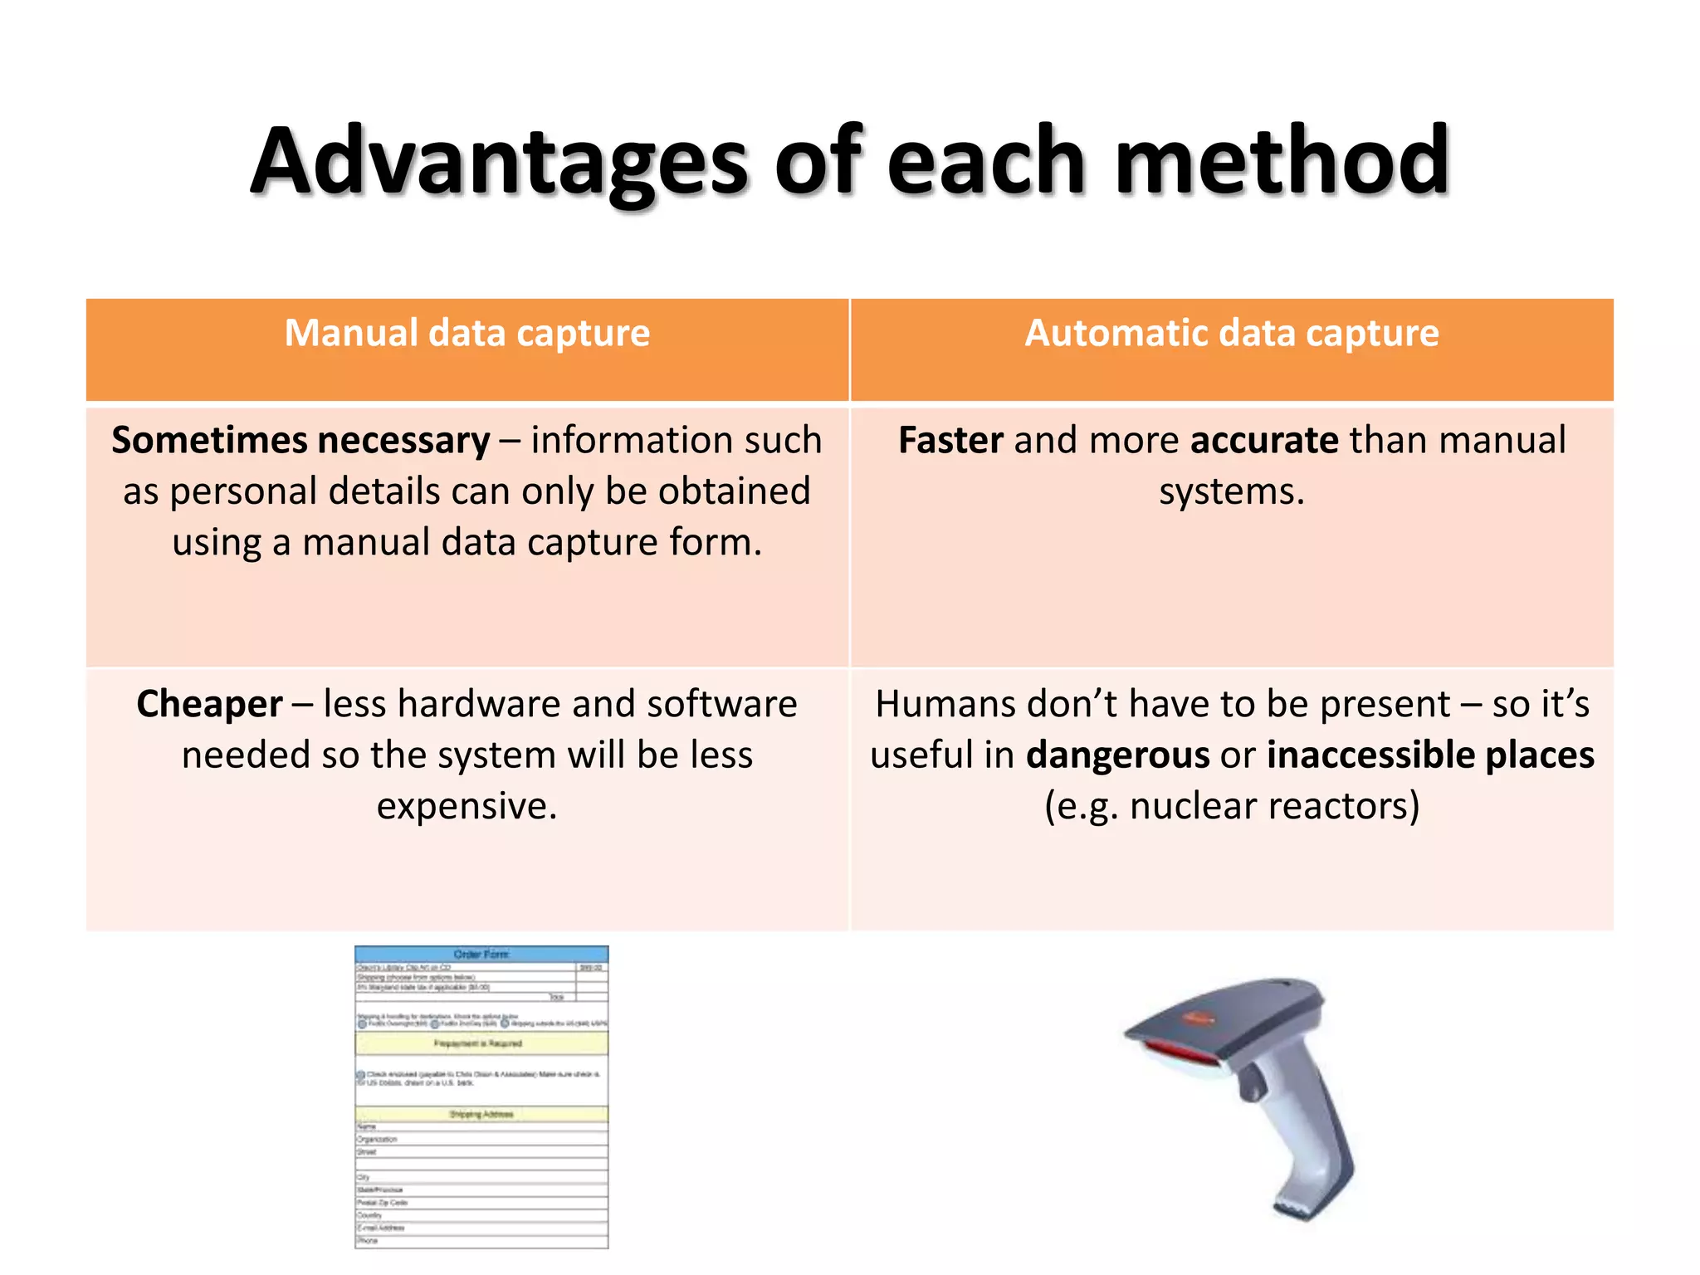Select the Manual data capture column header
click(x=467, y=334)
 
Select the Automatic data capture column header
click(x=1231, y=334)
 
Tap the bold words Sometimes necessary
click(x=300, y=441)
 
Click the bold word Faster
click(x=950, y=441)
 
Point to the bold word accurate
click(x=1263, y=441)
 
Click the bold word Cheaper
click(x=209, y=705)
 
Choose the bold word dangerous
click(x=1117, y=755)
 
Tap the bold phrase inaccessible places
click(x=1429, y=755)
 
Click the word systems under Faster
click(x=1231, y=492)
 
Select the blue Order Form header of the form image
click(x=481, y=955)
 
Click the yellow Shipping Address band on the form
click(x=481, y=1114)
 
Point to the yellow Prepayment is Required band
click(x=481, y=1043)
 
